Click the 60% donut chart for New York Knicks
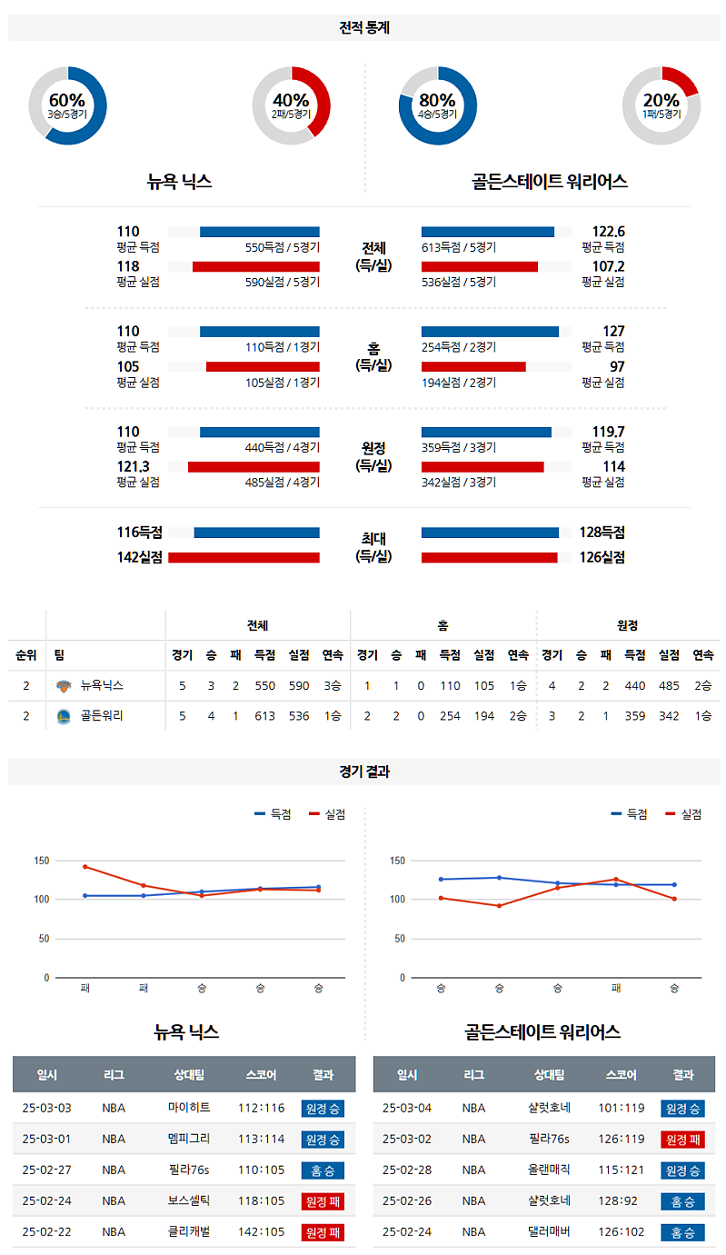pyautogui.click(x=67, y=106)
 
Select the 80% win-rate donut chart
pyautogui.click(x=437, y=106)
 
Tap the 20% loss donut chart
pyautogui.click(x=661, y=106)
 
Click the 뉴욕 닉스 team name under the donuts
pyautogui.click(x=180, y=181)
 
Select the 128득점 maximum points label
pyautogui.click(x=602, y=533)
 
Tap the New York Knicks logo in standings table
pyautogui.click(x=63, y=686)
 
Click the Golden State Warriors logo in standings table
pyautogui.click(x=63, y=715)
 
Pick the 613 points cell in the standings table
pyautogui.click(x=264, y=715)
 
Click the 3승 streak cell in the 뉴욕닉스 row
pyautogui.click(x=333, y=686)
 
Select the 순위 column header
pyautogui.click(x=26, y=655)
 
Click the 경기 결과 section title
pyautogui.click(x=363, y=772)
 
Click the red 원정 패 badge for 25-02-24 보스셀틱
pyautogui.click(x=323, y=1200)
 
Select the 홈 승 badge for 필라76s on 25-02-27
pyautogui.click(x=323, y=1170)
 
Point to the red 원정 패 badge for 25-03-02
pyautogui.click(x=682, y=1139)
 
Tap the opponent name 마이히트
pyautogui.click(x=189, y=1108)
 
